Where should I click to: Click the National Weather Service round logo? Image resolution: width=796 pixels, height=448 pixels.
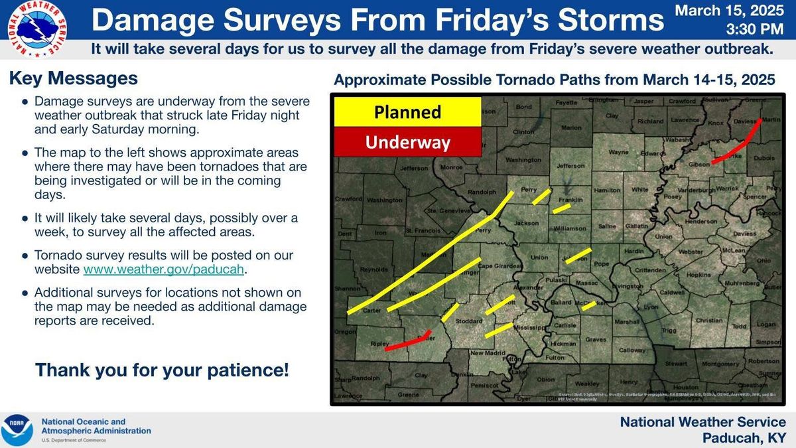pos(36,30)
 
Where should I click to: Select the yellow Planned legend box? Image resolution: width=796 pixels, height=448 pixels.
pos(407,112)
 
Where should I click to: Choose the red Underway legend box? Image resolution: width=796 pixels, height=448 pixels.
pos(407,142)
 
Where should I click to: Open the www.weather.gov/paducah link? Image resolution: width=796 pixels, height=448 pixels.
pos(164,270)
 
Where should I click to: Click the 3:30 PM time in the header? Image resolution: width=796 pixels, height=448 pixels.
pos(755,30)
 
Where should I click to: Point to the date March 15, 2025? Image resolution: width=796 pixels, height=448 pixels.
pos(730,11)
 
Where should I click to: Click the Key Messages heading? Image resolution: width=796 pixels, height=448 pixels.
pos(73,78)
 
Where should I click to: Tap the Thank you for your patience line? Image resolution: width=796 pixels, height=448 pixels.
pos(162,370)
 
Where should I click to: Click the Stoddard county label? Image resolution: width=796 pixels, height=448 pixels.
pos(470,322)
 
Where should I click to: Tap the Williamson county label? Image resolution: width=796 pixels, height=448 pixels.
pos(570,228)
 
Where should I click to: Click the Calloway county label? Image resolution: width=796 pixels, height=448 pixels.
pos(632,350)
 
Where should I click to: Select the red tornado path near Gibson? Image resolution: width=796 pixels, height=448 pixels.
pos(736,146)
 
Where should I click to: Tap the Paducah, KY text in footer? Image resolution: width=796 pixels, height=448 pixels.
pos(744,438)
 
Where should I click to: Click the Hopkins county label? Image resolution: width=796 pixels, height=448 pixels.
pos(698,275)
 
